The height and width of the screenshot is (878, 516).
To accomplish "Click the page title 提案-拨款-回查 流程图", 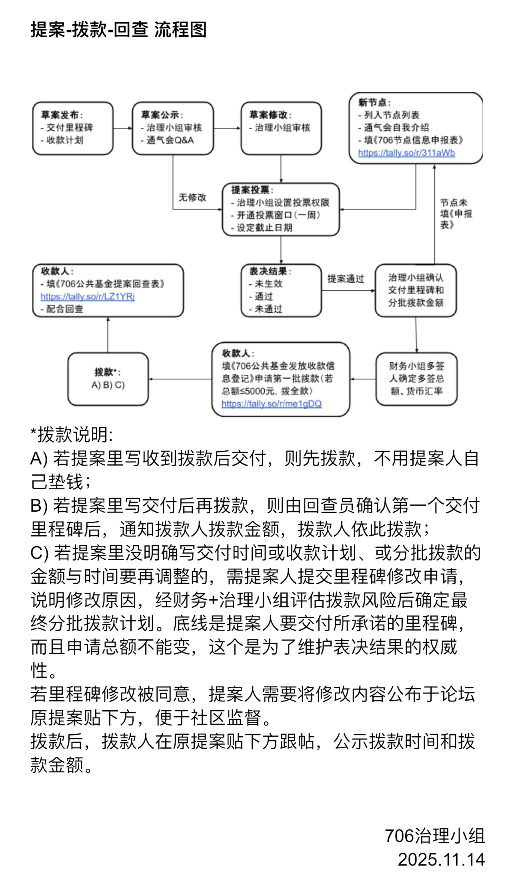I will pos(118,30).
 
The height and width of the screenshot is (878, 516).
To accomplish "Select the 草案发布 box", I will pos(73,128).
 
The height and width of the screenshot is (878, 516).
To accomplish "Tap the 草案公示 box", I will pos(173,128).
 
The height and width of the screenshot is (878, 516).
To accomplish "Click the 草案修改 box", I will pos(281,128).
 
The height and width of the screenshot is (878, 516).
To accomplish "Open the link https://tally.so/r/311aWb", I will pos(406,153).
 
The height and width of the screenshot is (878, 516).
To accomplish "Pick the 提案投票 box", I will pos(281,209).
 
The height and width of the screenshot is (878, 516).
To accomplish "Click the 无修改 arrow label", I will pos(192,197).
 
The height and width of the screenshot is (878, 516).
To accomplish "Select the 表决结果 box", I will pos(281,290).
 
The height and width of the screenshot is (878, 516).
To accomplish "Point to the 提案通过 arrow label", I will pos(346,279).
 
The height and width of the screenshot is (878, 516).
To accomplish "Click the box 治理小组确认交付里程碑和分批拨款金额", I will pos(416,290).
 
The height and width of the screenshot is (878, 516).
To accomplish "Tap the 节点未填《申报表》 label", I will pos(456,214).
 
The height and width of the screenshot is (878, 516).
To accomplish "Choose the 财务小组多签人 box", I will pos(416,379).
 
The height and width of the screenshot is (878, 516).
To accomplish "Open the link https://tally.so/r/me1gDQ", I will pos(272,404).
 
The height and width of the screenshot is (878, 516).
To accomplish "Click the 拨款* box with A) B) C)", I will pos(108,379).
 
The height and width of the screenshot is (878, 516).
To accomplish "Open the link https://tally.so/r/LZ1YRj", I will pos(88,297).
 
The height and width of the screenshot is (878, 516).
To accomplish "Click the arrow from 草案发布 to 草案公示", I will pos(122,129).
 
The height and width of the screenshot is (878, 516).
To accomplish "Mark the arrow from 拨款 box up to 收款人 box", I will pos(108,335).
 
